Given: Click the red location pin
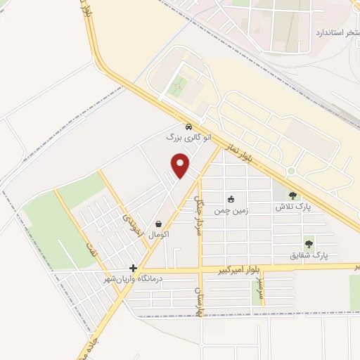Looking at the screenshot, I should [181, 165].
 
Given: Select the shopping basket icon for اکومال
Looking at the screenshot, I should [160, 224].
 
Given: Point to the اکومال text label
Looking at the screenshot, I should [160, 234].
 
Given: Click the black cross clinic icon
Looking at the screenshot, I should [134, 268].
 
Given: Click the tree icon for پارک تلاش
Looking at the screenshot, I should [292, 195].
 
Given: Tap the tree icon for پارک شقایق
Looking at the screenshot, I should [309, 244].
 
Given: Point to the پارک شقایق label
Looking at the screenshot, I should [309, 255].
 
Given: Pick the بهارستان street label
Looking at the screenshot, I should [199, 300].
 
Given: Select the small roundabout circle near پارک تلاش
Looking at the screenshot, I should [290, 171].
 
